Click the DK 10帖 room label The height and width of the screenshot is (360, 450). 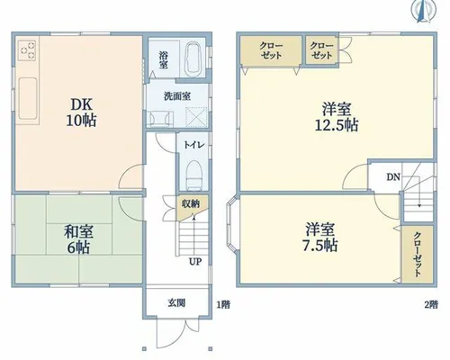pyautogui.click(x=81, y=112)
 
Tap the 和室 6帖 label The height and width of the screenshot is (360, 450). pyautogui.click(x=78, y=239)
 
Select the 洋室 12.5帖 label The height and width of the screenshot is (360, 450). pyautogui.click(x=337, y=117)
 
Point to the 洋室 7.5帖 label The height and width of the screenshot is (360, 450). pyautogui.click(x=319, y=237)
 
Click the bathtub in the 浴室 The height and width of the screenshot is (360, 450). pyautogui.click(x=193, y=59)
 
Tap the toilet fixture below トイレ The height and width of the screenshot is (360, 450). pyautogui.click(x=193, y=175)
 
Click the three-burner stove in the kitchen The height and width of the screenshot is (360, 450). pyautogui.click(x=27, y=49)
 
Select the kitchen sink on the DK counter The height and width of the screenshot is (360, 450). pyautogui.click(x=28, y=98)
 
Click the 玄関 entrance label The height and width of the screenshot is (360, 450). pyautogui.click(x=176, y=303)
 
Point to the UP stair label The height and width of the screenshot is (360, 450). pyautogui.click(x=195, y=262)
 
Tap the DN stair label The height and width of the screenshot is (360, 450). pyautogui.click(x=393, y=177)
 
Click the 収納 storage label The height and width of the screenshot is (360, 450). pyautogui.click(x=190, y=204)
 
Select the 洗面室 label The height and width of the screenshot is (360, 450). pyautogui.click(x=177, y=96)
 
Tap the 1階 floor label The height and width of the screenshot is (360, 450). pyautogui.click(x=223, y=305)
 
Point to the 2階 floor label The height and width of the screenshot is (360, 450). pyautogui.click(x=431, y=305)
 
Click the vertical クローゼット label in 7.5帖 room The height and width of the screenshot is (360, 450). pyautogui.click(x=418, y=255)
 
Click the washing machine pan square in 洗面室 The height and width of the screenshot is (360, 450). pyautogui.click(x=196, y=117)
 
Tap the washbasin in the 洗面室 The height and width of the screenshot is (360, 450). pyautogui.click(x=161, y=118)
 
